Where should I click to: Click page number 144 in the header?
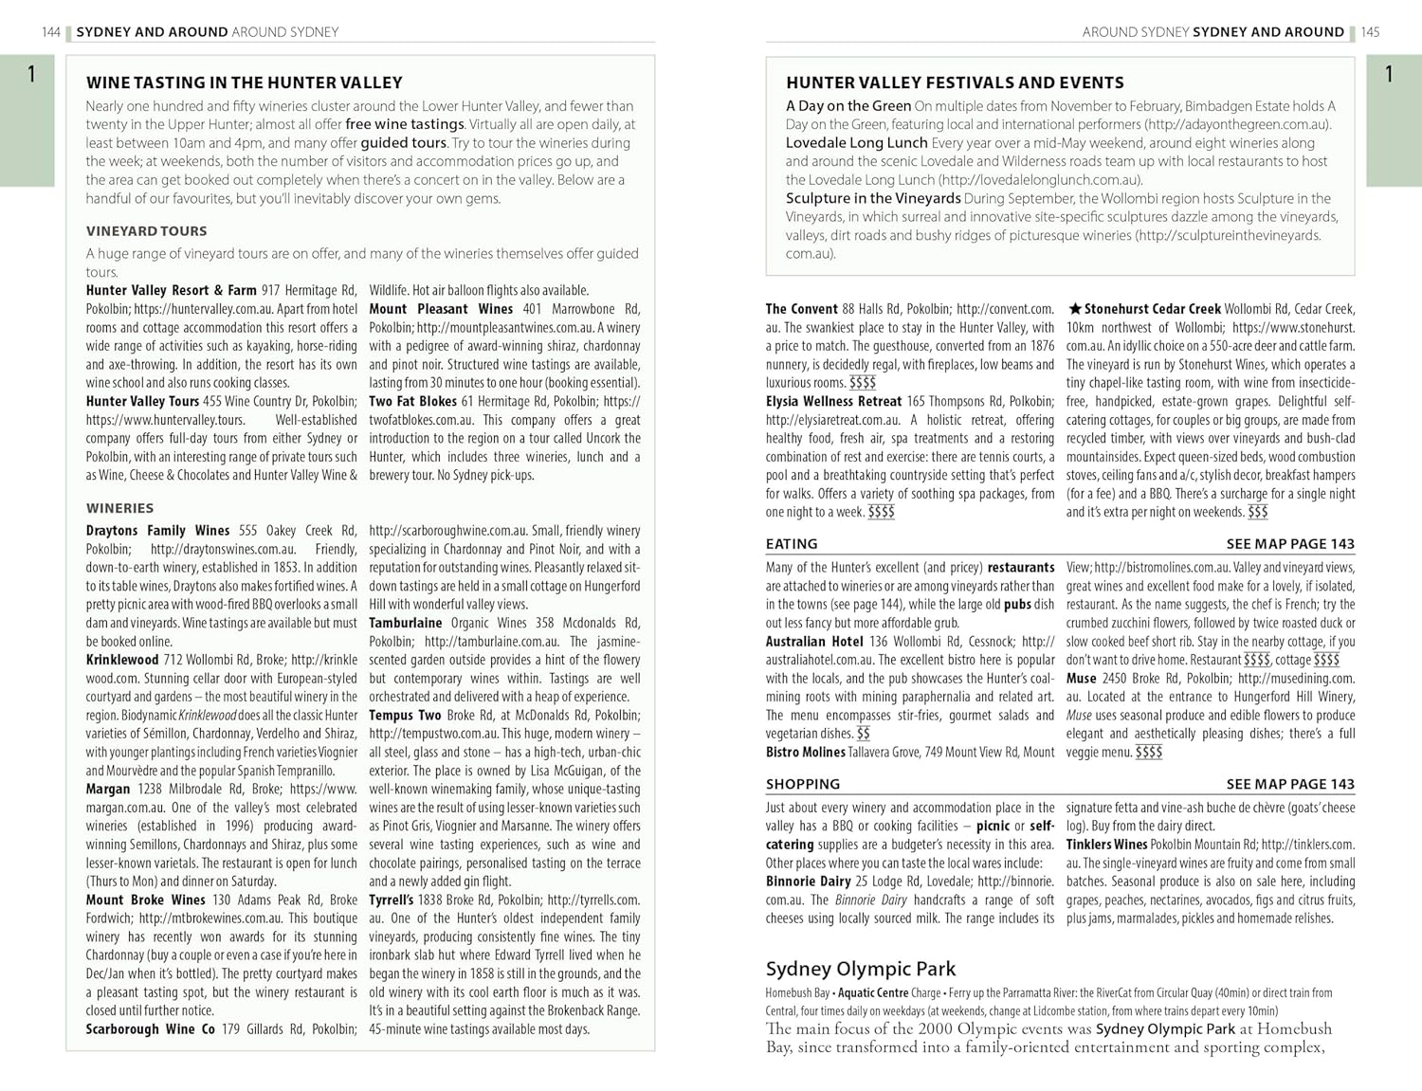[x=51, y=32]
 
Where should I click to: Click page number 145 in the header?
[x=1370, y=32]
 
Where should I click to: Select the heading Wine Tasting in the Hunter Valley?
[x=244, y=82]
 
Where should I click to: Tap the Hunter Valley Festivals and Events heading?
[x=955, y=82]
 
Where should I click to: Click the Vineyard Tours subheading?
[x=146, y=231]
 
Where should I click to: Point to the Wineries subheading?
[x=119, y=508]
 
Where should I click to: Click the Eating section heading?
[x=791, y=544]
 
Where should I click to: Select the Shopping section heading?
[x=802, y=784]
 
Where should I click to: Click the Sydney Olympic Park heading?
[x=860, y=969]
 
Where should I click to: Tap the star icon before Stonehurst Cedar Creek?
[x=1074, y=309]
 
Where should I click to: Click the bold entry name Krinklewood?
[x=122, y=660]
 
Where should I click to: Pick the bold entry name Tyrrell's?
[x=391, y=900]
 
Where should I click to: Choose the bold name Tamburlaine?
[x=405, y=623]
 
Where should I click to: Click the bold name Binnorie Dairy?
[x=808, y=882]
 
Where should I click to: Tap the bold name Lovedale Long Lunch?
[x=856, y=143]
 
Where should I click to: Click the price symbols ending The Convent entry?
[x=863, y=383]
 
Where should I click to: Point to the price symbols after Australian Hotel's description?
[x=863, y=734]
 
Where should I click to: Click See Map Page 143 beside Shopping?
[x=1289, y=784]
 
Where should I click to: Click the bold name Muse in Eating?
[x=1081, y=679]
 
